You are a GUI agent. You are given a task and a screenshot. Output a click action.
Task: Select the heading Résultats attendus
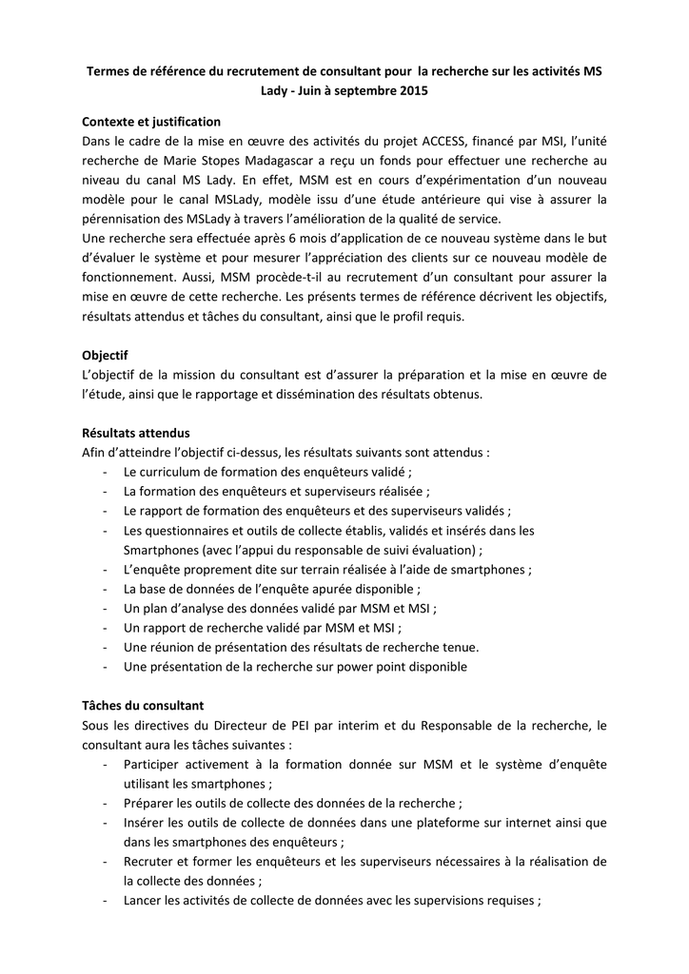(x=136, y=433)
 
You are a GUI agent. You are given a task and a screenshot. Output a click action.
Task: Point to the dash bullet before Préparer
(x=104, y=803)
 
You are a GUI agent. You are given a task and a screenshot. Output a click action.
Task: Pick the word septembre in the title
(x=363, y=91)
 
